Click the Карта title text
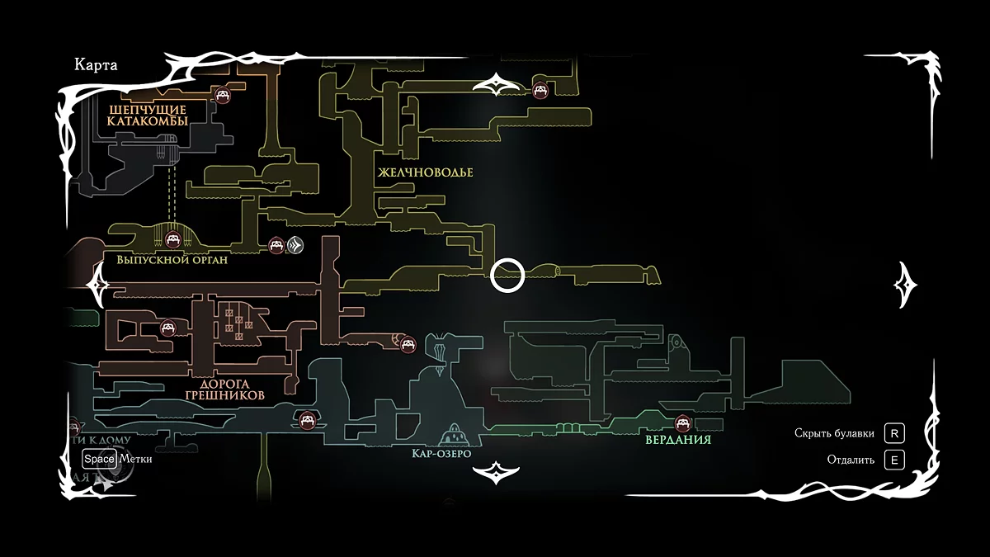pos(96,66)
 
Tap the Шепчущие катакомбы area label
pos(148,115)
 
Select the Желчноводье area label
pos(426,172)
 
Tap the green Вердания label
pos(679,440)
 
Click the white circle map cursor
pos(507,276)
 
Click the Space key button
pos(98,459)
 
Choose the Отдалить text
pos(851,460)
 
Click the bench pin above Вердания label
pos(682,423)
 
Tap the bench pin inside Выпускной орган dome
pos(173,239)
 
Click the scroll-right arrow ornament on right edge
pos(907,283)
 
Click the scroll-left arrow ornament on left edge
pos(97,283)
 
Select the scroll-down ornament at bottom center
pos(495,472)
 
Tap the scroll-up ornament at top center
pos(495,84)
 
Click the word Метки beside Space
pos(135,459)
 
